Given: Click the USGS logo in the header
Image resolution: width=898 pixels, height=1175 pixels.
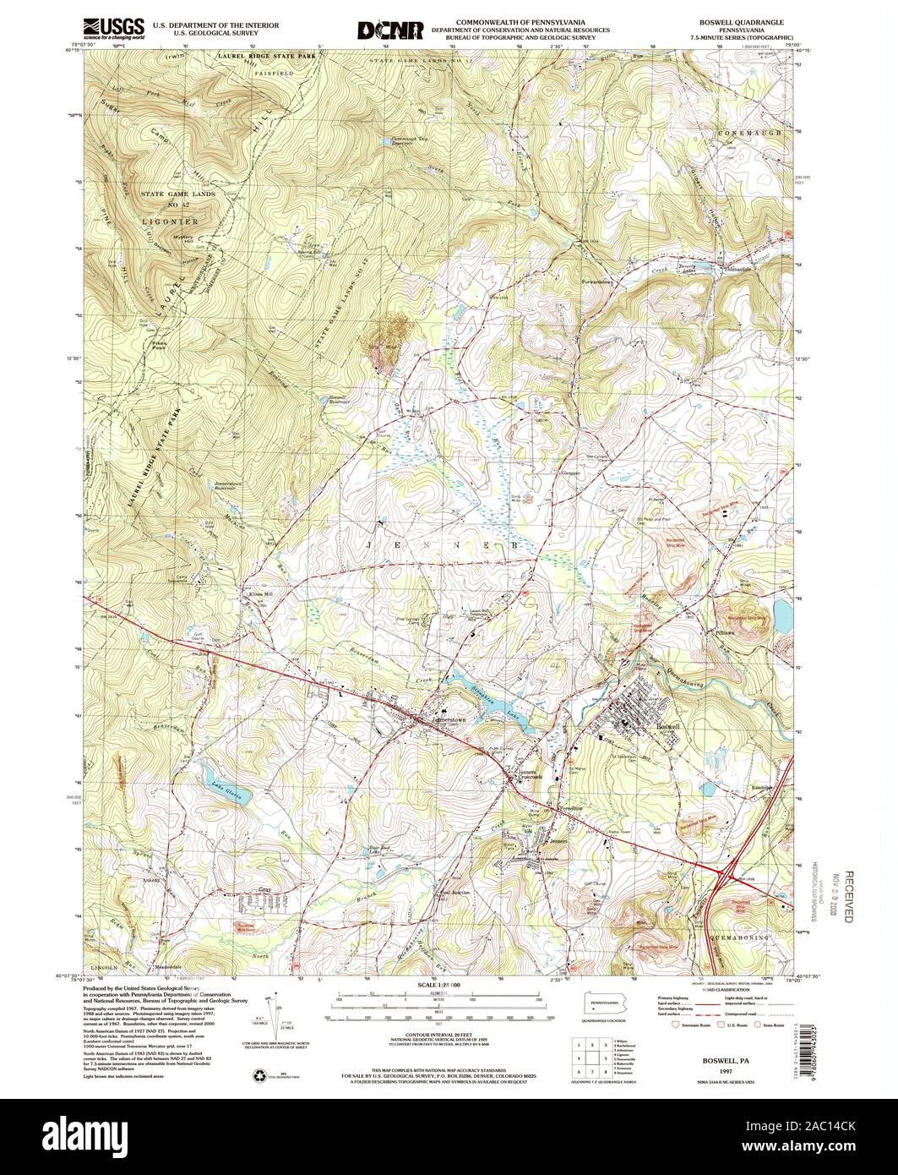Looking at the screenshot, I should (x=114, y=30).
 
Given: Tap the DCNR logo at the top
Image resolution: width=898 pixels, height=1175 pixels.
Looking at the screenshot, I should (x=389, y=30).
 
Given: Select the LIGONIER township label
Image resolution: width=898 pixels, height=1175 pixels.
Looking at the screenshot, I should (x=169, y=221).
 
